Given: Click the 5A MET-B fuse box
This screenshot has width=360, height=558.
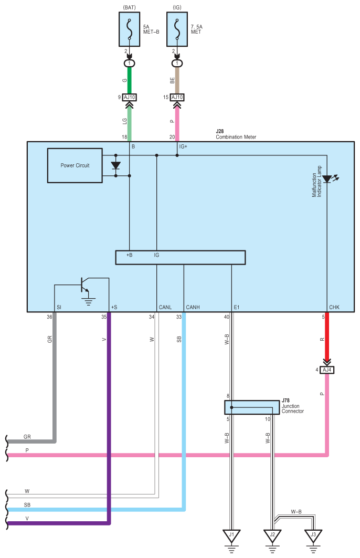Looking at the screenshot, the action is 129,29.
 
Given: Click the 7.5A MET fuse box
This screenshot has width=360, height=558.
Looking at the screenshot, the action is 177,29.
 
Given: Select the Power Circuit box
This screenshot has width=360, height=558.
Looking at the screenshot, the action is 75,165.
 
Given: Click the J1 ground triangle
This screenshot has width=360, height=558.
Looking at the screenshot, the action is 231,535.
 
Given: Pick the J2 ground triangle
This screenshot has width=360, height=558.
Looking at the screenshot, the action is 272,535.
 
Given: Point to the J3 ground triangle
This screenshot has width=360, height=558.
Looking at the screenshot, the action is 313,535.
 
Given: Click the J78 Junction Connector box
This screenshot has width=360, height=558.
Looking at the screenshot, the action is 252,407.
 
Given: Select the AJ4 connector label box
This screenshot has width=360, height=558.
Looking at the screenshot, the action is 327,370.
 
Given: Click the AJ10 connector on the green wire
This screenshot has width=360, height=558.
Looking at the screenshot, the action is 129,97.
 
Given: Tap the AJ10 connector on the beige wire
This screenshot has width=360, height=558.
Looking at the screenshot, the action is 177,97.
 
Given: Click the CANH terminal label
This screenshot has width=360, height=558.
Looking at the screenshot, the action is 193,307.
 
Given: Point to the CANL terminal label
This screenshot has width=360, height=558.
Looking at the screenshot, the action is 165,307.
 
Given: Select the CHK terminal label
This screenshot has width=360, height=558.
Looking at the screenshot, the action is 334,307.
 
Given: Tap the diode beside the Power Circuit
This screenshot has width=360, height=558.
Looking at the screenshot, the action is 115,165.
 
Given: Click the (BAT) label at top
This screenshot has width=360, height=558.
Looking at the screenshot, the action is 129,7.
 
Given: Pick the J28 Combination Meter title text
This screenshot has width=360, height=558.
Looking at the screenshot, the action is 236,134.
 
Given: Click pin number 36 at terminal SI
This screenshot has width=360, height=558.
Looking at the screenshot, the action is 49,317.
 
